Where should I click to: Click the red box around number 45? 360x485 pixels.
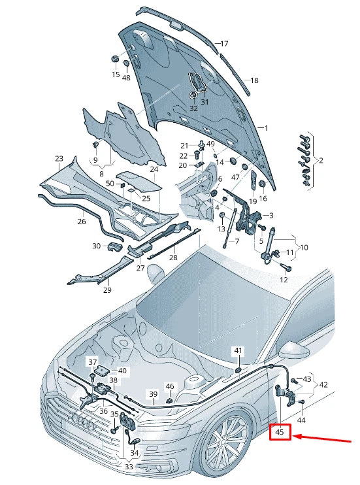pos(280,432)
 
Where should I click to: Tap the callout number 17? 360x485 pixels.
pos(224,44)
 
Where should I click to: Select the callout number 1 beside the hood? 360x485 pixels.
pos(267,128)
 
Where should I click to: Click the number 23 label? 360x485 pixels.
pos(59,159)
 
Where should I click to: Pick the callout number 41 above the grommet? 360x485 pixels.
pos(238,350)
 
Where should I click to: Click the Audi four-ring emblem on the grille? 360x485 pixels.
pos(82,422)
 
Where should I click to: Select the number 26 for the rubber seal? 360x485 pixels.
pos(82,222)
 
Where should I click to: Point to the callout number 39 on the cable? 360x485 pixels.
pos(154,394)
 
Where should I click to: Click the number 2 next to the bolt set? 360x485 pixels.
pos(321,160)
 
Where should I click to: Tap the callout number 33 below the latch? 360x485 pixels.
pos(129,467)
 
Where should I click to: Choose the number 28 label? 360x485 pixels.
pos(173,258)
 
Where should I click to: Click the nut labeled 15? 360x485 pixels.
pos(115,59)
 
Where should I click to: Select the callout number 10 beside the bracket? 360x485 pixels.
pos(304,248)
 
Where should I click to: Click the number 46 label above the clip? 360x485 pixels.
pos(170,386)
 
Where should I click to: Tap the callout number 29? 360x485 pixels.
pos(107,290)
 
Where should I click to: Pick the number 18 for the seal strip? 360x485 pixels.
pos(254,80)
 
